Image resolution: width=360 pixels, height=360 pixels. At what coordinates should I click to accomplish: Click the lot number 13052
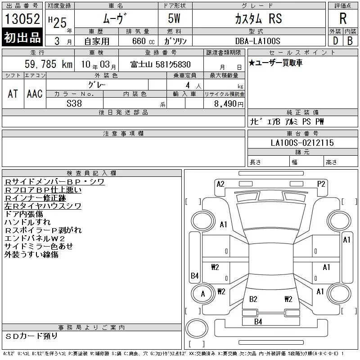(x=22, y=19)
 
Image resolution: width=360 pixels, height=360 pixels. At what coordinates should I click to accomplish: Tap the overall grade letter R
(x=343, y=18)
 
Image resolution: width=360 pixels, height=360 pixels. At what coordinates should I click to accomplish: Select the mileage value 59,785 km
(x=49, y=64)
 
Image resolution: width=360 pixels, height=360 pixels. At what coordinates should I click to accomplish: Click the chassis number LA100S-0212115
(x=302, y=143)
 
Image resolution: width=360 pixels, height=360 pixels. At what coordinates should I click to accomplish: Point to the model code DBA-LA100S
(x=257, y=41)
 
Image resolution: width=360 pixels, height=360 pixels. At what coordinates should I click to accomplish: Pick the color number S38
(x=74, y=103)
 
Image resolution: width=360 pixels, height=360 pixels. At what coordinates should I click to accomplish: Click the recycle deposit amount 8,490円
(x=229, y=104)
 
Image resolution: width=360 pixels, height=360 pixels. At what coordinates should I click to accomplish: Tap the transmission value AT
(x=13, y=94)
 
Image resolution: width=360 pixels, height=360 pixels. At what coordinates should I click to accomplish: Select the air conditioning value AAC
(x=35, y=94)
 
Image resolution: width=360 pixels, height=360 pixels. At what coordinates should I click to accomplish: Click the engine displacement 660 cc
(x=143, y=41)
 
